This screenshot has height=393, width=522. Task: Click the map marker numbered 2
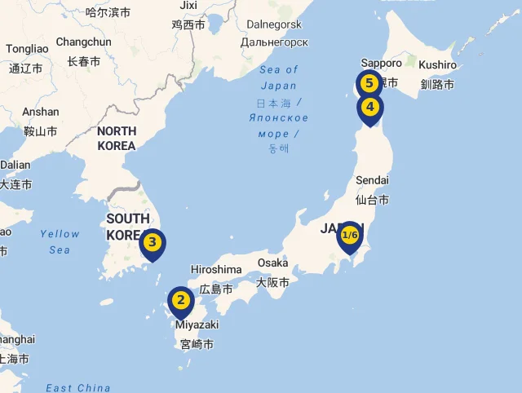tap(181, 301)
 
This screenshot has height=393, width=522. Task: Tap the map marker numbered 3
tap(153, 242)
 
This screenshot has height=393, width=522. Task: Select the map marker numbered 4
tap(369, 107)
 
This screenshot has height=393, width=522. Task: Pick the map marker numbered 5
tap(369, 83)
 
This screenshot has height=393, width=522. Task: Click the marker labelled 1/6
tap(350, 235)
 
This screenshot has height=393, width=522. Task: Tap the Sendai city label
tap(373, 180)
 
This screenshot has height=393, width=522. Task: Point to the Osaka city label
tap(273, 263)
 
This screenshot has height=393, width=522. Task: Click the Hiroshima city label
tap(216, 270)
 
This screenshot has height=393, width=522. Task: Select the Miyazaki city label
tap(196, 325)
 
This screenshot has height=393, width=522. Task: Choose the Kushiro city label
tap(437, 64)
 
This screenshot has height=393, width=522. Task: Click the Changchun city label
tap(83, 42)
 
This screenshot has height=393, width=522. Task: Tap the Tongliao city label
tap(27, 49)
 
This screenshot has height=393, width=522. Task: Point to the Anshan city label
tap(41, 112)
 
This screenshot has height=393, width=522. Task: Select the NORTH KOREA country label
tap(116, 139)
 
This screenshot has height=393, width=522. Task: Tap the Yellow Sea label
tap(60, 241)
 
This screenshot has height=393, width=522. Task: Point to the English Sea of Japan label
tap(279, 77)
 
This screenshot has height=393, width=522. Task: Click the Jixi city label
tap(188, 6)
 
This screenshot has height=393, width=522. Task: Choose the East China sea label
tap(78, 388)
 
